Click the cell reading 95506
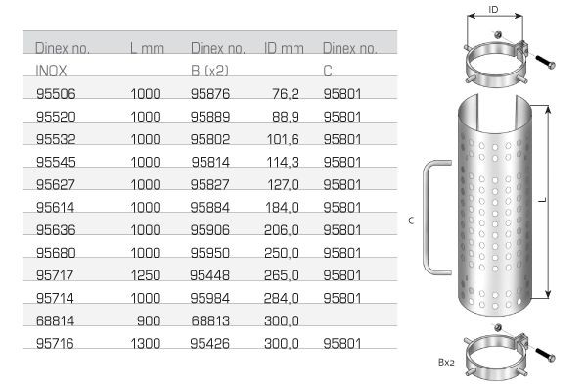pos(54,95)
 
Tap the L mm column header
pos(146,48)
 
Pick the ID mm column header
pos(284,48)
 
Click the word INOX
pos(51,72)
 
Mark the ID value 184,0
pos(282,208)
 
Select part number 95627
pos(54,185)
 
